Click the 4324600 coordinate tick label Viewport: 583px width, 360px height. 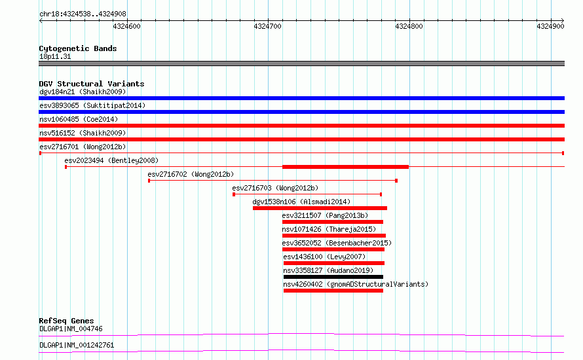click(126, 26)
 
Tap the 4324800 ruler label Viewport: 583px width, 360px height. click(409, 26)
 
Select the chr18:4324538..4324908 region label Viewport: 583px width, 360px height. click(83, 14)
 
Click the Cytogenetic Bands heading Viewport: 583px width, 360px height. click(78, 48)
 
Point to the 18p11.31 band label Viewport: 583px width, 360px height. click(55, 56)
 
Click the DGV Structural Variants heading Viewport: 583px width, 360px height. click(92, 84)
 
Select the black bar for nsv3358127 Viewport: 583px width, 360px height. click(333, 277)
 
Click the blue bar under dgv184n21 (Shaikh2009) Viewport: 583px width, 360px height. click(301, 98)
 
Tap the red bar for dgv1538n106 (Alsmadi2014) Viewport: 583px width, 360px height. click(320, 208)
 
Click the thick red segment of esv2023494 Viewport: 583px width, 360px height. click(345, 167)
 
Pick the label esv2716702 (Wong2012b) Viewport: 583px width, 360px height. click(191, 174)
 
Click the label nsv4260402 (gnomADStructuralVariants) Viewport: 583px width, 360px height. click(356, 284)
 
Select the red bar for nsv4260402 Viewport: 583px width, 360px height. click(333, 291)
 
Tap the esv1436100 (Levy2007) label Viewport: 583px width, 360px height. click(324, 257)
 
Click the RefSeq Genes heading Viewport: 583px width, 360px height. click(66, 321)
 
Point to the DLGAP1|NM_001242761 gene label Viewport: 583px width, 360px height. click(77, 345)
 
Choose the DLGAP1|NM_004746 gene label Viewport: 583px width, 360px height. click(71, 329)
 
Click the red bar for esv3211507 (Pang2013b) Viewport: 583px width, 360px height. click(332, 222)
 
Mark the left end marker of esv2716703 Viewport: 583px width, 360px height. click(233, 194)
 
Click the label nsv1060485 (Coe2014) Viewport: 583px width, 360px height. click(79, 119)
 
